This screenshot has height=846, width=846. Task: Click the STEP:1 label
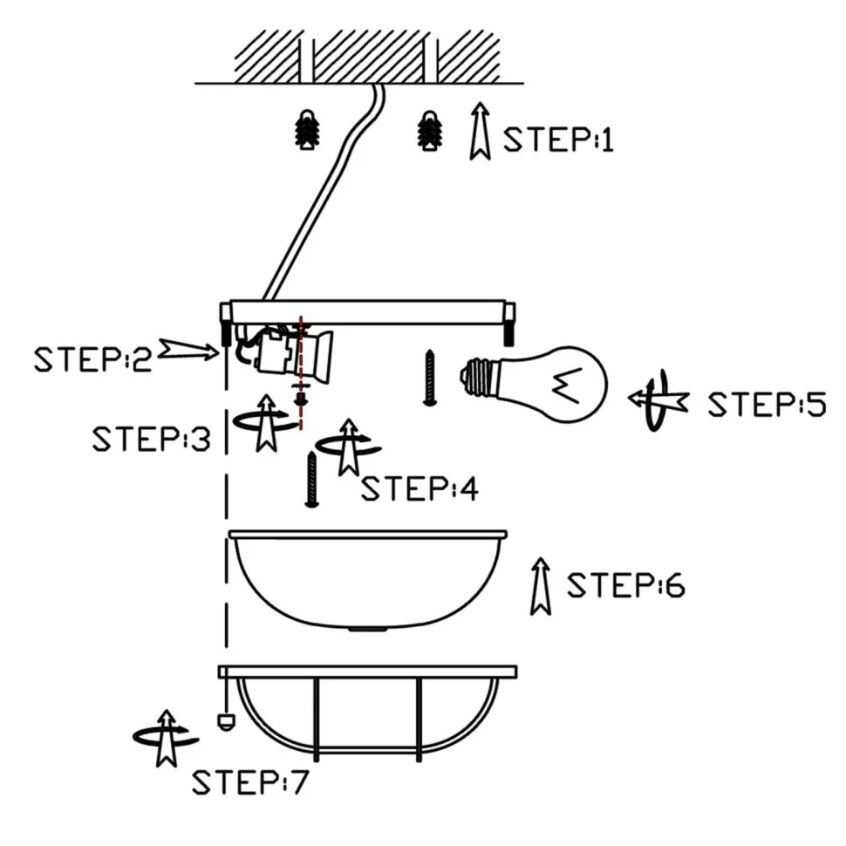(x=559, y=140)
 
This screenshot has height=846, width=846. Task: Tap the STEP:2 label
(x=92, y=358)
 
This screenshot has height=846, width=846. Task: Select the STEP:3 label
(x=151, y=439)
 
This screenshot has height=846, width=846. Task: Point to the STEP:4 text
(x=420, y=489)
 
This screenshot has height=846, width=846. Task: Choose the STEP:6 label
(x=625, y=585)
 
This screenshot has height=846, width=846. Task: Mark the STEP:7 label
(x=250, y=783)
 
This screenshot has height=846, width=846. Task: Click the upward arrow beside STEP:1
(x=479, y=131)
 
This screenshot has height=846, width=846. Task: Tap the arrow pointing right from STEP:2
(x=188, y=351)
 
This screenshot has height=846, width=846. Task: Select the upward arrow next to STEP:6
(x=541, y=585)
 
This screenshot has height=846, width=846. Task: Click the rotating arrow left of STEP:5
(x=658, y=400)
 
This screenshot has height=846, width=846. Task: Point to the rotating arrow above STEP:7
(x=162, y=737)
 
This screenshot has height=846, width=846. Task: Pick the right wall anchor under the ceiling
(x=428, y=130)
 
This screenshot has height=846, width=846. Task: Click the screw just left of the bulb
(x=429, y=377)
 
